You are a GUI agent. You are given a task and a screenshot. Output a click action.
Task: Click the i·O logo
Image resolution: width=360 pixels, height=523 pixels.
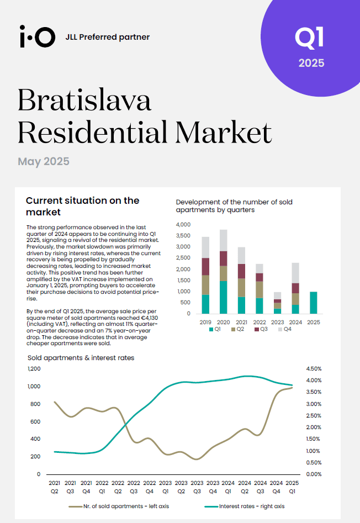tap(38, 36)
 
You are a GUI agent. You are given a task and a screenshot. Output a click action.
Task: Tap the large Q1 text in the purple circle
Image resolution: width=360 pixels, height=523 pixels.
tap(309, 38)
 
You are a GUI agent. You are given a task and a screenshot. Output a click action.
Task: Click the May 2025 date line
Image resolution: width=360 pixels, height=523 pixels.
tap(44, 161)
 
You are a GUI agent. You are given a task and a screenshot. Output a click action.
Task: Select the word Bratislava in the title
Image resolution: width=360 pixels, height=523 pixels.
tap(84, 100)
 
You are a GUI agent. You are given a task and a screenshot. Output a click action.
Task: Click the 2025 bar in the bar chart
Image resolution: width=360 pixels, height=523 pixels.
tap(313, 303)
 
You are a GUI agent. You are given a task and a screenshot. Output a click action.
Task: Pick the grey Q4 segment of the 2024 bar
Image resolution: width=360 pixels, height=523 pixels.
tap(295, 273)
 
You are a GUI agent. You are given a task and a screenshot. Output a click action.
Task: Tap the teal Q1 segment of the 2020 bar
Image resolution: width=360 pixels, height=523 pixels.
tap(223, 297)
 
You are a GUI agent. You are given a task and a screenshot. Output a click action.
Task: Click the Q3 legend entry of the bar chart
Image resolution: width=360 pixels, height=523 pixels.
tap(261, 329)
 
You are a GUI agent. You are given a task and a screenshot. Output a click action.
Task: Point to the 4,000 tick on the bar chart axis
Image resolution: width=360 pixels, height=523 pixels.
tap(183, 224)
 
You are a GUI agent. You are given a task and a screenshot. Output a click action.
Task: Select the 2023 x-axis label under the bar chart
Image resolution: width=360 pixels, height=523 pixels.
tap(277, 322)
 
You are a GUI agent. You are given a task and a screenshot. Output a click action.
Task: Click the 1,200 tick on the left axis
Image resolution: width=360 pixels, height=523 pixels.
tap(34, 368)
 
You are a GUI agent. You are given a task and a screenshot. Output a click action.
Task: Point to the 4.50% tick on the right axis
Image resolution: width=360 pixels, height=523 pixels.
tap(314, 368)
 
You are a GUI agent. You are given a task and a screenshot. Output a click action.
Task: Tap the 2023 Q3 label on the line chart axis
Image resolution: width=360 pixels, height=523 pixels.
tap(197, 487)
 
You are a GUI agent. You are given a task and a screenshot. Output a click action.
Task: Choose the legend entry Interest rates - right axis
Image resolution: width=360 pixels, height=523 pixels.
tap(245, 506)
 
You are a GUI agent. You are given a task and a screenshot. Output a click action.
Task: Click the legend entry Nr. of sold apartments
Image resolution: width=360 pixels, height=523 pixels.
tap(119, 506)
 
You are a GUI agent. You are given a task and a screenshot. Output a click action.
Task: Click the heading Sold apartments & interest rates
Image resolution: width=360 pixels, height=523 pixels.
tap(81, 358)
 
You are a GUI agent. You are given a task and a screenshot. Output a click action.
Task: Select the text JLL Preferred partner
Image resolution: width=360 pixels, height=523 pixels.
tap(108, 37)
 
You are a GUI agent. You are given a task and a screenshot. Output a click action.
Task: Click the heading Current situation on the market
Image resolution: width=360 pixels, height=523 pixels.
tap(83, 206)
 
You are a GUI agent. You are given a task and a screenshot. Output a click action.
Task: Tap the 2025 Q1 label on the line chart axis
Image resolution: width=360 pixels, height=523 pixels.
tap(292, 487)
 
